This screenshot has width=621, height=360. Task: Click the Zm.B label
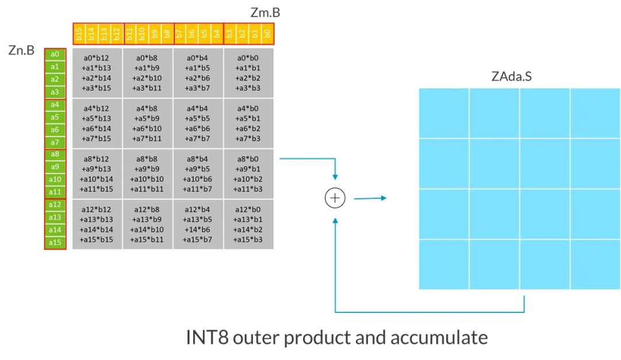coord(266,13)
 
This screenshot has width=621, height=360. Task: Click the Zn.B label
coord(21,51)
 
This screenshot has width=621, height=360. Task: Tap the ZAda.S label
coord(512,76)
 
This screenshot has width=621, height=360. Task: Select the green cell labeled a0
coord(55,55)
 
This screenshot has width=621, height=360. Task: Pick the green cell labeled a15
coord(55,243)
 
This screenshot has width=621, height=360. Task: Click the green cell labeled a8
coord(55,155)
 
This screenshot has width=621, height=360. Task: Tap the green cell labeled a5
coord(55,117)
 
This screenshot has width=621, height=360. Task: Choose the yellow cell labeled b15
coord(79,34)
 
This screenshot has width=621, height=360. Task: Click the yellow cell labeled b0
coord(267,34)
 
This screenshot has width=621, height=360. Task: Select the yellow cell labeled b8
coord(167,34)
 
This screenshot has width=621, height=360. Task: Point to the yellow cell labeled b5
coord(205,34)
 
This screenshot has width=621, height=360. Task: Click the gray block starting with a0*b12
coord(97,72)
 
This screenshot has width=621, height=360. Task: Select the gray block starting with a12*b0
coord(248,224)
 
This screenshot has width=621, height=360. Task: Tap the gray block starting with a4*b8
coord(147,123)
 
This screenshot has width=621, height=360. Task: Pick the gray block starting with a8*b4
coord(198,173)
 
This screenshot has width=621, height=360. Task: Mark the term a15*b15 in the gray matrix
coord(97,239)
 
